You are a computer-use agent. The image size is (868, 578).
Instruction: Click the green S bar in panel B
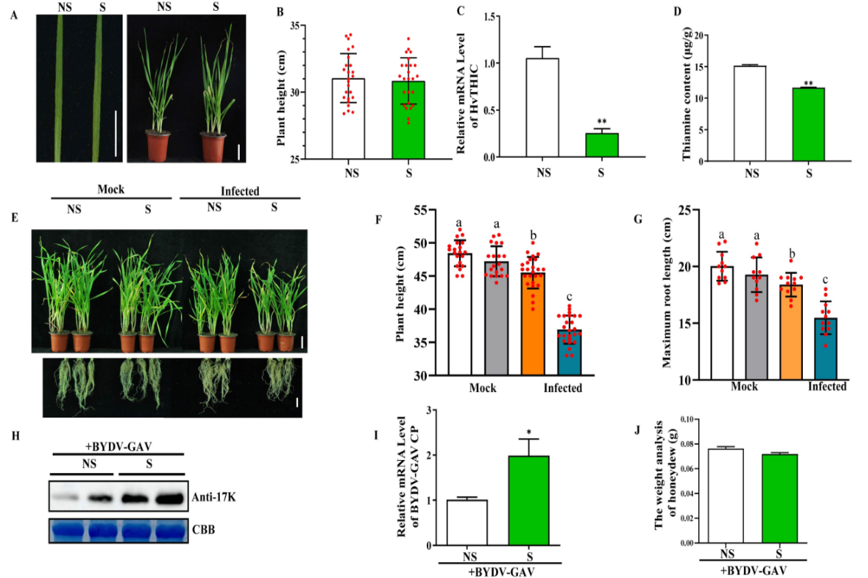pos(408,120)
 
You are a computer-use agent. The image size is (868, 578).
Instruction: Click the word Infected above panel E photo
pos(240,191)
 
